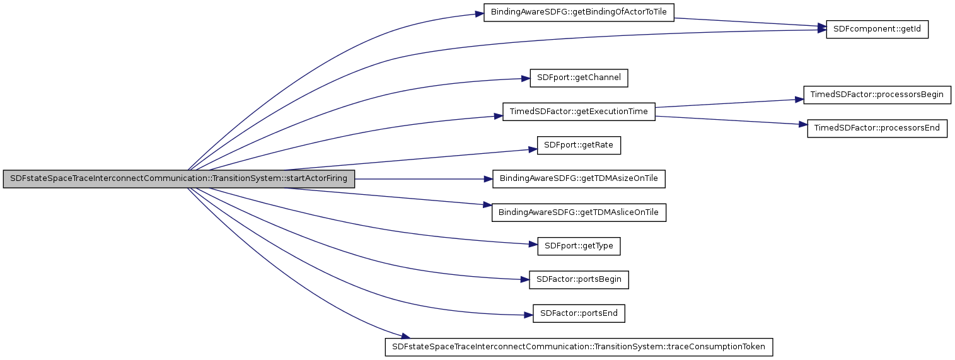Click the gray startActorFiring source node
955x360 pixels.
pyautogui.click(x=179, y=178)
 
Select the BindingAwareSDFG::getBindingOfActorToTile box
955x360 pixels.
pyautogui.click(x=579, y=13)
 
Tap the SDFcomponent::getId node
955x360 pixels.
pyautogui.click(x=877, y=30)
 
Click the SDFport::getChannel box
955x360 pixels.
pyautogui.click(x=579, y=78)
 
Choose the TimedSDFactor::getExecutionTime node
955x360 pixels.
pyautogui.click(x=579, y=112)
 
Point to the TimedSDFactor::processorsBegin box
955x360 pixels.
pyautogui.click(x=876, y=95)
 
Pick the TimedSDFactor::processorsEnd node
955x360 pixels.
pyautogui.click(x=877, y=128)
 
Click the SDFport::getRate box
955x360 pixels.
pyautogui.click(x=579, y=146)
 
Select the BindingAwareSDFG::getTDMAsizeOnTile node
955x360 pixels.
pyautogui.click(x=579, y=178)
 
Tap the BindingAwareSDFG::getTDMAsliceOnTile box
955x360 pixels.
pyautogui.click(x=579, y=212)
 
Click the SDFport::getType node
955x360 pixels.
pyautogui.click(x=579, y=246)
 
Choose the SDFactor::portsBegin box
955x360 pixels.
pyautogui.click(x=579, y=279)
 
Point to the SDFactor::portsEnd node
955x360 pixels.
pyautogui.click(x=579, y=313)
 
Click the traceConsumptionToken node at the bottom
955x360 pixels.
pyautogui.click(x=579, y=347)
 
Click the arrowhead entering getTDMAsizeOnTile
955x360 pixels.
pyautogui.click(x=489, y=178)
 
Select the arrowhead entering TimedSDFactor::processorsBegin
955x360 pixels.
pyautogui.click(x=799, y=100)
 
